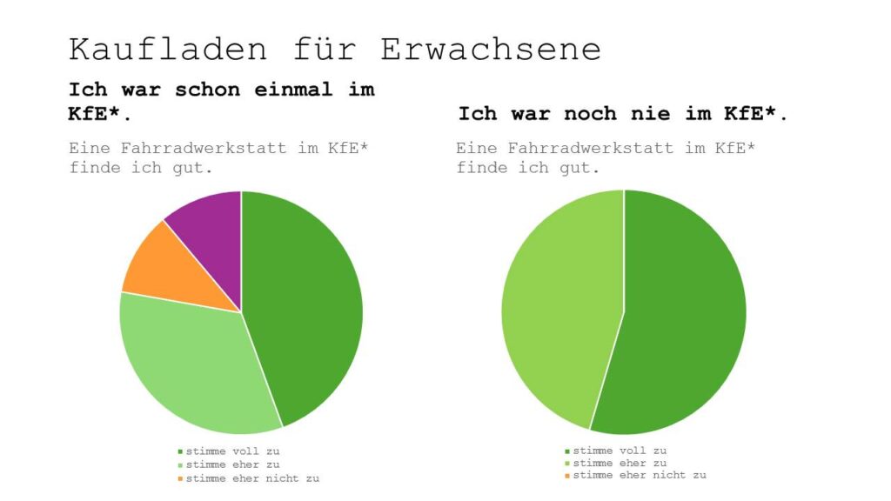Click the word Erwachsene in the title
[492, 49]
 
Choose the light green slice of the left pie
[196, 365]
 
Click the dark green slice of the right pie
[683, 322]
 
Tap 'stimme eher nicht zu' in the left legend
[252, 478]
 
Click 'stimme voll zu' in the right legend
[620, 451]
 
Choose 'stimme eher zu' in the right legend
[620, 463]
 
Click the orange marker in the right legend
[567, 476]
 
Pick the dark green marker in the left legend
[180, 451]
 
